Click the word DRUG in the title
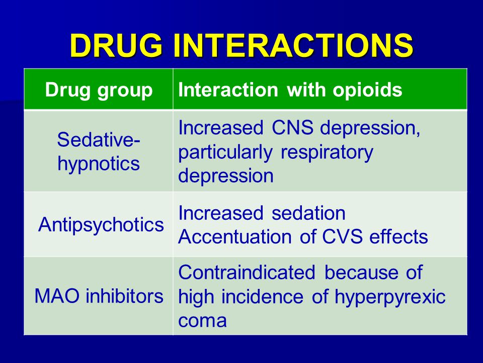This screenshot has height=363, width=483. [x=116, y=45]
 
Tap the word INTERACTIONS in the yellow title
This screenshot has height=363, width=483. [x=293, y=45]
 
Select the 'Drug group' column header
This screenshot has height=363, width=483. [x=99, y=90]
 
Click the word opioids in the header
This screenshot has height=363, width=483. [x=367, y=90]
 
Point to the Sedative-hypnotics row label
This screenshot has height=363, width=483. [x=99, y=151]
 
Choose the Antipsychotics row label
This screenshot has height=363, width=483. [x=101, y=224]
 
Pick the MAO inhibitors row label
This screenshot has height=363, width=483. [x=99, y=296]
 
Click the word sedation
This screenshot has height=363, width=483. [x=308, y=213]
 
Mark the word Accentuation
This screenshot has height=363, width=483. [x=235, y=237]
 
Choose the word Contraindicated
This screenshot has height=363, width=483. [x=247, y=272]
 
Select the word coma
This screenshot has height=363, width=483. [x=202, y=321]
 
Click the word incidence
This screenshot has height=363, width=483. [x=262, y=296]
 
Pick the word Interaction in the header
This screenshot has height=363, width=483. [x=228, y=90]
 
